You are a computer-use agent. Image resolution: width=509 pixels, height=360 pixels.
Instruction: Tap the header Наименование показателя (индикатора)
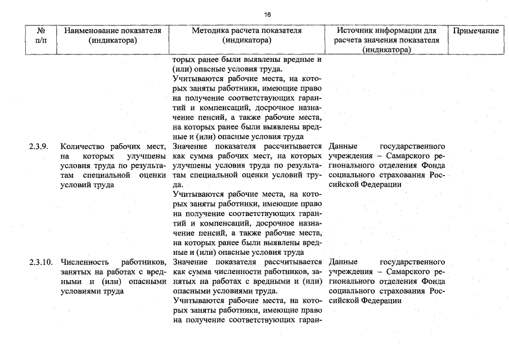[112, 35]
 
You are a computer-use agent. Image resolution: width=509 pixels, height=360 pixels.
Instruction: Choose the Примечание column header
[475, 31]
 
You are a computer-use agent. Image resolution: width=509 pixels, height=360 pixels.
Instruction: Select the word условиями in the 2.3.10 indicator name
[78, 291]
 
